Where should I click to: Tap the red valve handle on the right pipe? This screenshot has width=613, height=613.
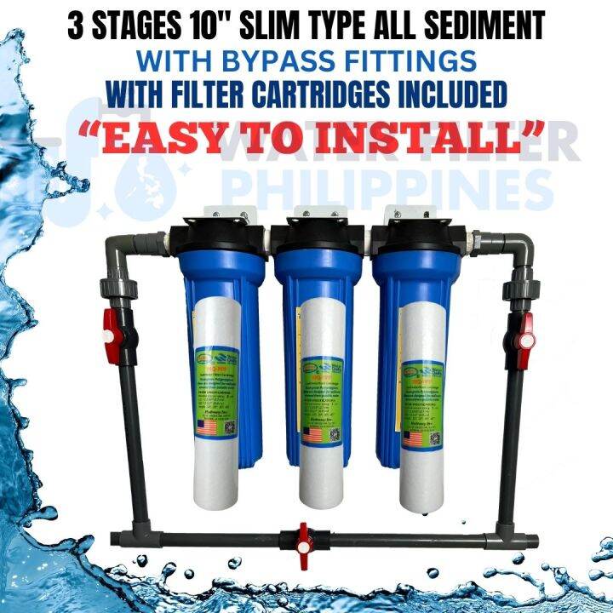pyautogui.click(x=525, y=329)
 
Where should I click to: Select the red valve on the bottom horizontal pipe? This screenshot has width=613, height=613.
pyautogui.click(x=304, y=538)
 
